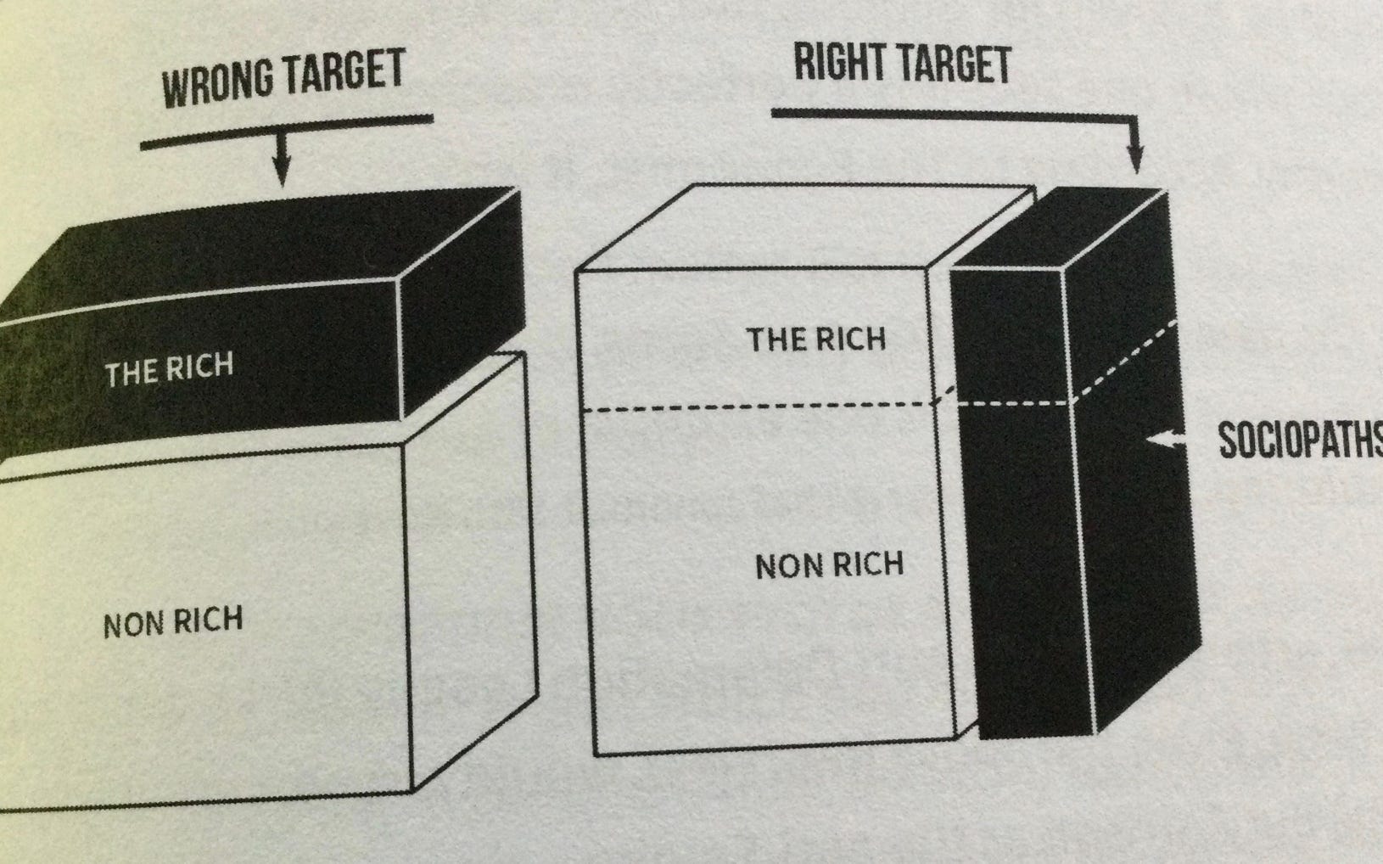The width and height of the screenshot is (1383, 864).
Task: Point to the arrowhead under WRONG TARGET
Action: click(x=283, y=175)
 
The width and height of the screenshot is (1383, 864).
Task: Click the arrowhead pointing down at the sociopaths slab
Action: click(x=1136, y=160)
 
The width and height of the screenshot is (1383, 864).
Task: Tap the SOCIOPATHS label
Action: click(x=1299, y=440)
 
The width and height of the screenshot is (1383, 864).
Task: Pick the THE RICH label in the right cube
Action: click(x=816, y=340)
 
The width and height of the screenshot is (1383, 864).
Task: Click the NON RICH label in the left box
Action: click(x=173, y=623)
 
